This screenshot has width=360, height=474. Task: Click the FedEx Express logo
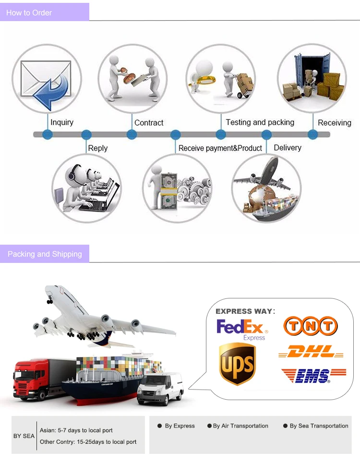point(242,329)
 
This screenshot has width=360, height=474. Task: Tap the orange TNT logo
point(310,326)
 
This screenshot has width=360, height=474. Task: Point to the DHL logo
point(311,353)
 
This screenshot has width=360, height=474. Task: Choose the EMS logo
point(313,375)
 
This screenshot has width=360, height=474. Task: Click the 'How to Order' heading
point(29,12)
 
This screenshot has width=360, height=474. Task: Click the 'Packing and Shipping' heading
point(45,254)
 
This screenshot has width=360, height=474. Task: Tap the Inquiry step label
point(62,122)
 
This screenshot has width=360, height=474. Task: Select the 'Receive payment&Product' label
point(220,148)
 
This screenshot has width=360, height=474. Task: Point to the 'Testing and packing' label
point(260,122)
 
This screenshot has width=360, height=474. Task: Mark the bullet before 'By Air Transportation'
point(209,426)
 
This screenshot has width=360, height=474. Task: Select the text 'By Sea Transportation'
point(319,426)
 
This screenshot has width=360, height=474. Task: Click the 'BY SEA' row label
point(24,436)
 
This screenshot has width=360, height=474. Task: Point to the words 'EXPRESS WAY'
point(243,311)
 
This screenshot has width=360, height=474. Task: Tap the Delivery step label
point(288,148)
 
